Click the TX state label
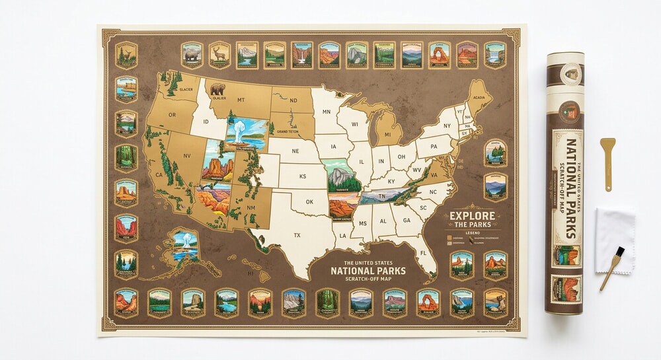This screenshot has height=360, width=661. coord(297,235)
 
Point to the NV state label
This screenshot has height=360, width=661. coord(187,156)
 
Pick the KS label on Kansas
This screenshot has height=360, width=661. coord(303,176)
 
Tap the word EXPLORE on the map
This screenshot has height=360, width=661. coord(473,215)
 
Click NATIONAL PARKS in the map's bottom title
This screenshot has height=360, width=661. coord(368,271)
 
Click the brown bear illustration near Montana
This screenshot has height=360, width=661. coord(217,89)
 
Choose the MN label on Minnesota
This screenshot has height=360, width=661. coord(326,112)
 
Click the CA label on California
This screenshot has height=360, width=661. coord(159,175)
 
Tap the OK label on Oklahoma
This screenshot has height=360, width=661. coord(308,202)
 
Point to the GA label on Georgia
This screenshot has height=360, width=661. coord(407,221)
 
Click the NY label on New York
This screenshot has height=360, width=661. coord(446,126)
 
